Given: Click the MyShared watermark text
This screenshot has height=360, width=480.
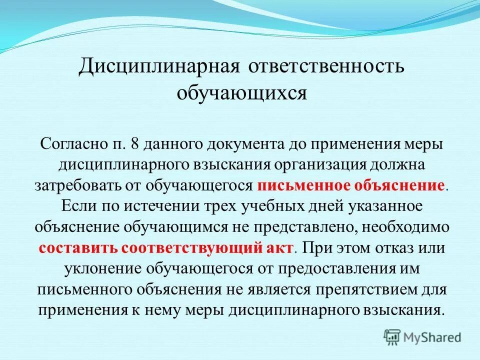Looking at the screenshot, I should point(432,336).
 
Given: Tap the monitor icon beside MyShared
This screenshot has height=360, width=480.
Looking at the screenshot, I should point(392,336).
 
